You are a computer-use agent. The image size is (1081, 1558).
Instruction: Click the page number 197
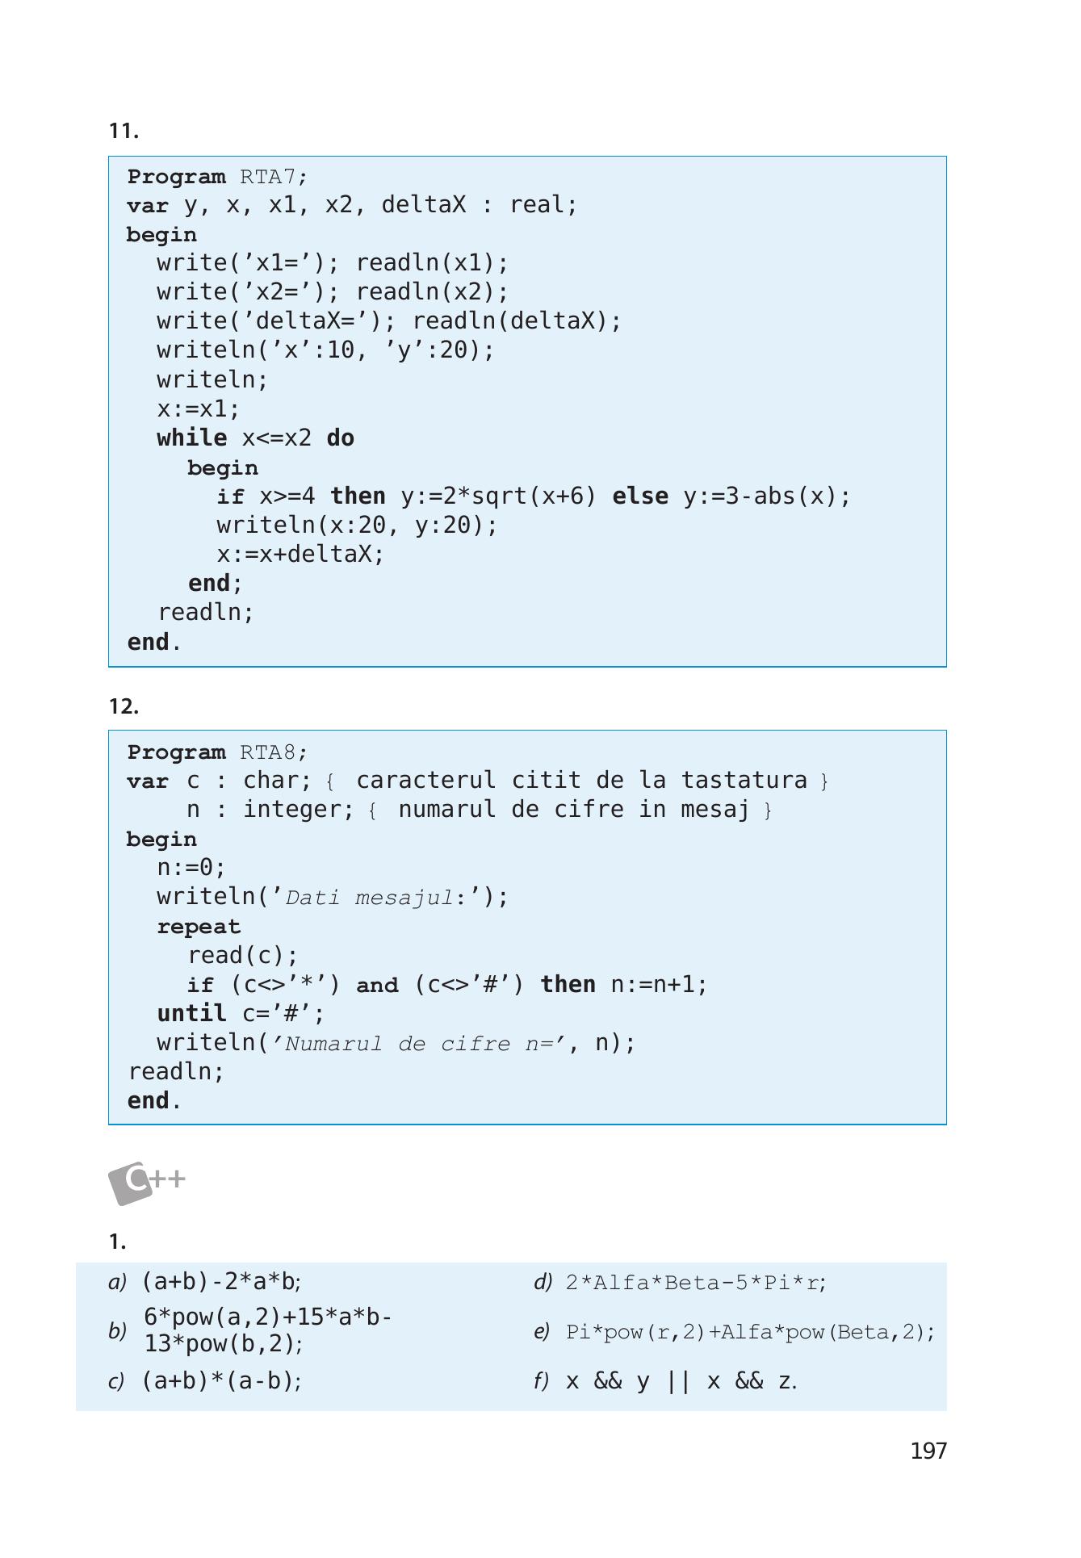pos(928,1451)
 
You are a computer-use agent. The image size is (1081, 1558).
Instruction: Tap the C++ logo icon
pos(147,1183)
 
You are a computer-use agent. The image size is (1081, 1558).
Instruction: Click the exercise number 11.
pos(124,131)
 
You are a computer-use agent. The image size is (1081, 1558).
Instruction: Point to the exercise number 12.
pos(124,706)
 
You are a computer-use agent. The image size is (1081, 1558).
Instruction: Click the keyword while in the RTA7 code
pos(192,438)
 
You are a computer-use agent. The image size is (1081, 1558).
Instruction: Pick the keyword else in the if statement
pos(640,496)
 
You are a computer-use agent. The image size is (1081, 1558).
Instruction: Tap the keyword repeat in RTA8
pos(199,927)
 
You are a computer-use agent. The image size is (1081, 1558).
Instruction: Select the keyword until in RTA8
pos(191,1013)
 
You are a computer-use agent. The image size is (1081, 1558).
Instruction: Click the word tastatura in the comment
pos(744,780)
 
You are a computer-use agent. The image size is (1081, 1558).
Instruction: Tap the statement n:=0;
pos(191,867)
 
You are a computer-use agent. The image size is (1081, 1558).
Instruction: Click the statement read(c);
pos(243,955)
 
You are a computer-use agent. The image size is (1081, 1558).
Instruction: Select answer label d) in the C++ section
pos(543,1282)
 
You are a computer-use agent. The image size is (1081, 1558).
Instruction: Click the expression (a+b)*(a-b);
pos(222,1380)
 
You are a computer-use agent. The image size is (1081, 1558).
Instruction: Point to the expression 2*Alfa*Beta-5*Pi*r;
pos(696,1282)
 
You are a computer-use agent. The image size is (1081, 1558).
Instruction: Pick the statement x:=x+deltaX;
pos(300,554)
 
